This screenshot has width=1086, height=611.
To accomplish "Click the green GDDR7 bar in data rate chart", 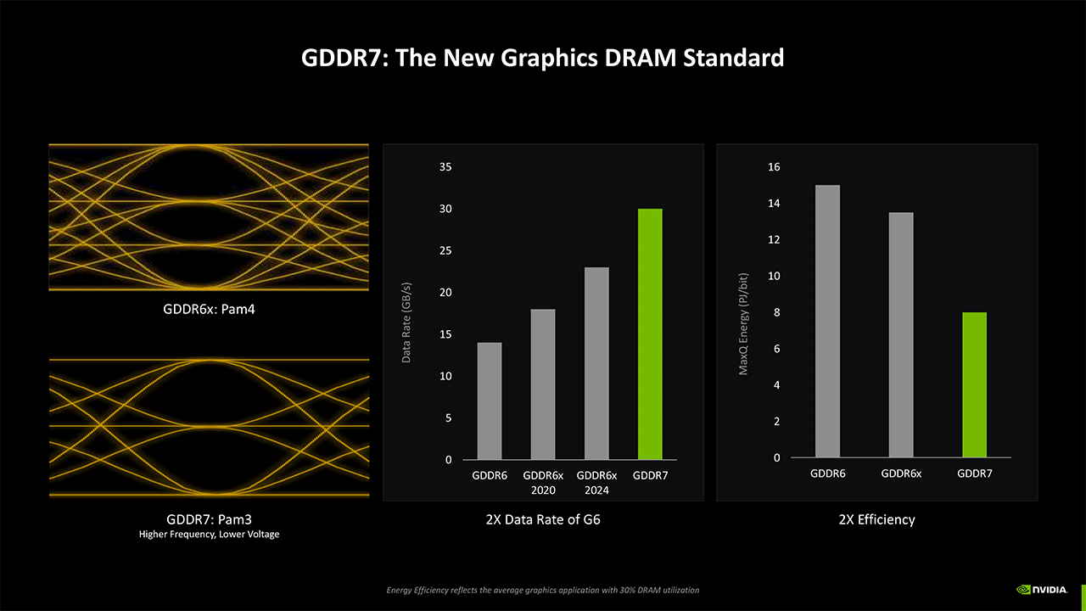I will [x=650, y=334].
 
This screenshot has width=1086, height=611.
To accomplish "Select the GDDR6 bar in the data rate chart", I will [x=490, y=401].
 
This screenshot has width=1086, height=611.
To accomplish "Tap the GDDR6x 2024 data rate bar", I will [x=596, y=363].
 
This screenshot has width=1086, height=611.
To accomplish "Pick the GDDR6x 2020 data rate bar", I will [x=543, y=384].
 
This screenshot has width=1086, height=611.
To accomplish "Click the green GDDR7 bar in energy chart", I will [x=975, y=385].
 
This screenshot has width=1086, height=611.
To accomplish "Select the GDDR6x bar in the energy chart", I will [x=901, y=335].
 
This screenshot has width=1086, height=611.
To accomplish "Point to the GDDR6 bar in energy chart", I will [x=827, y=322].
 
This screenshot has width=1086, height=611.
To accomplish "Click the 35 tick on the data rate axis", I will [x=445, y=167].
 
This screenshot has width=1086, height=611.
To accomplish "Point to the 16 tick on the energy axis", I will [x=773, y=167].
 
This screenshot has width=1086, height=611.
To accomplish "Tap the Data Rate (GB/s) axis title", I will [x=406, y=322].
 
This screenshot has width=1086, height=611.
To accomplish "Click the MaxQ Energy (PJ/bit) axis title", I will [x=743, y=323].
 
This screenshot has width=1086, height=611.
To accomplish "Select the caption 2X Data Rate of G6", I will [x=543, y=519].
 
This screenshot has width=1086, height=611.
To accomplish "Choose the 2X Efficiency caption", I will [x=876, y=519].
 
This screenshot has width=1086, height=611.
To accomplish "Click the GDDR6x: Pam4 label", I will [x=209, y=309].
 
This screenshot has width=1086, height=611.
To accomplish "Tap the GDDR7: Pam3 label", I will [x=209, y=519].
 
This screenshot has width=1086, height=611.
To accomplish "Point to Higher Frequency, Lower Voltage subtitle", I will [x=209, y=535].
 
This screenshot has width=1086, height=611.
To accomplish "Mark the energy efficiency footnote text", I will [x=543, y=590].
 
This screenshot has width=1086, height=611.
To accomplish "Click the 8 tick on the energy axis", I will [x=776, y=313].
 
